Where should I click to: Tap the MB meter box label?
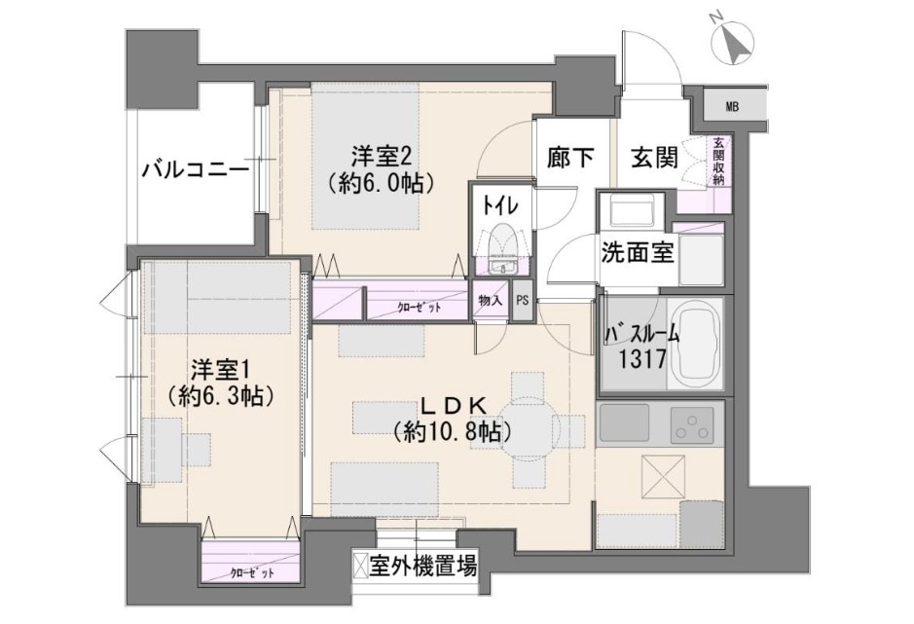(x=732, y=107)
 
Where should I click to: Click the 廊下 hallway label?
(x=570, y=158)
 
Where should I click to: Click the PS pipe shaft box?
(x=523, y=301)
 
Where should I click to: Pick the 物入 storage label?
(x=491, y=301)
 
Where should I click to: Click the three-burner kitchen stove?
(x=692, y=425)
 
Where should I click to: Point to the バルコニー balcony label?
(x=196, y=171)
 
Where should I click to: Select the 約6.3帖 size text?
(x=222, y=396)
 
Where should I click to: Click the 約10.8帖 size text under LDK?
(x=453, y=431)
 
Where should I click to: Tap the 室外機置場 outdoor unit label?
(x=423, y=567)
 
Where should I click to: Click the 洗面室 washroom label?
(x=638, y=252)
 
